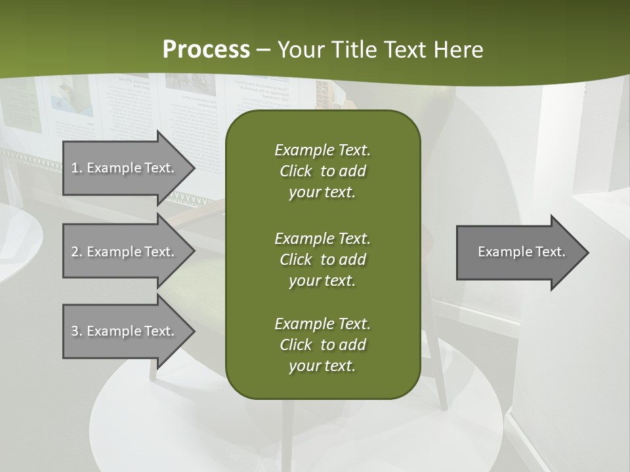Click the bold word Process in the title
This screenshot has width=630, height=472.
[x=206, y=50]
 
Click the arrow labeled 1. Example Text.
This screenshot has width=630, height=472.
[x=125, y=168]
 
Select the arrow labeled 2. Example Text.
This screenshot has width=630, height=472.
[x=125, y=252]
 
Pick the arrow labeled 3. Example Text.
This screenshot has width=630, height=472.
[x=125, y=331]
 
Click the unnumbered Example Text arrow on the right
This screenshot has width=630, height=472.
[x=518, y=252]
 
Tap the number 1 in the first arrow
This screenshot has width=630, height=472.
[x=75, y=168]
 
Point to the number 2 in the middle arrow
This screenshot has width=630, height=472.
[x=75, y=252]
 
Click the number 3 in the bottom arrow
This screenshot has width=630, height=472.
[x=75, y=331]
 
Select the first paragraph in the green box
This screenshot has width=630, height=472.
[x=322, y=171]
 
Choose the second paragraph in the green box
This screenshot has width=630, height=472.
[x=322, y=259]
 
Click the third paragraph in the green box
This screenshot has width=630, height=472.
[x=322, y=345]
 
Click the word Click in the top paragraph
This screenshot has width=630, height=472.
[x=295, y=171]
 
